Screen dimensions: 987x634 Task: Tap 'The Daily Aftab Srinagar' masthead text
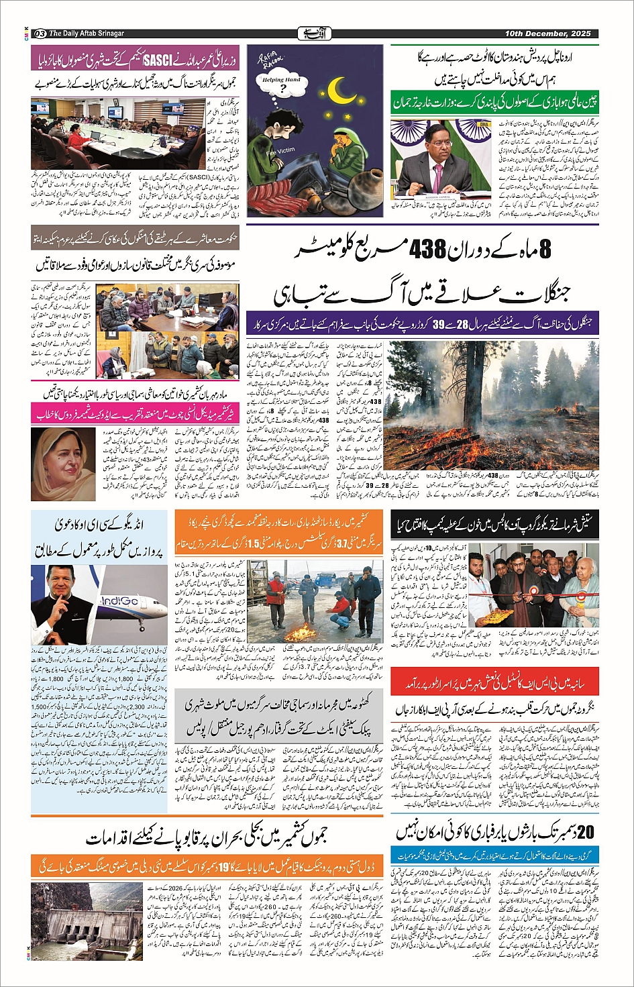[87, 34]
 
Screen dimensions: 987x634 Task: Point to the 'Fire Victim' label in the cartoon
[277, 153]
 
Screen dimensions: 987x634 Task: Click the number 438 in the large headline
[425, 251]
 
